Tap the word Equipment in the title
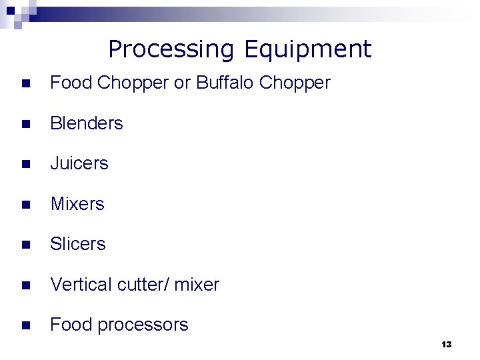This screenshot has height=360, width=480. coord(307,49)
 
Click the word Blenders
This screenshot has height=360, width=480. coord(87,123)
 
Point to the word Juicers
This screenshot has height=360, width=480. coord(79,163)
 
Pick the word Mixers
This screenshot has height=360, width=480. coord(77,204)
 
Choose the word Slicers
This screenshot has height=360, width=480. coord(78,244)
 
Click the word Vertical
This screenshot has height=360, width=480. coord(81,285)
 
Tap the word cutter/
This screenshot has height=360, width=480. coord(143,285)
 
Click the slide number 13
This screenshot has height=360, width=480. coord(447,345)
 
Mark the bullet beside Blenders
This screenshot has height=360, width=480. coord(25,124)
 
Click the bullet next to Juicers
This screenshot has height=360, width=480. coord(25,164)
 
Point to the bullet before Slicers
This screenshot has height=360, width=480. coord(25,245)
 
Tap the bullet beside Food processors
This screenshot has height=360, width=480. coord(25,326)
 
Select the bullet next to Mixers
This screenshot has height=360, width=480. coord(25,205)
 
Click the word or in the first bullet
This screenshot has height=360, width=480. coord(182,83)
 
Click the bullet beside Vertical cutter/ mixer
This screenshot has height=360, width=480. coord(25,285)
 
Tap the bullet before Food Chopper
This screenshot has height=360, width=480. coord(25,83)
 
